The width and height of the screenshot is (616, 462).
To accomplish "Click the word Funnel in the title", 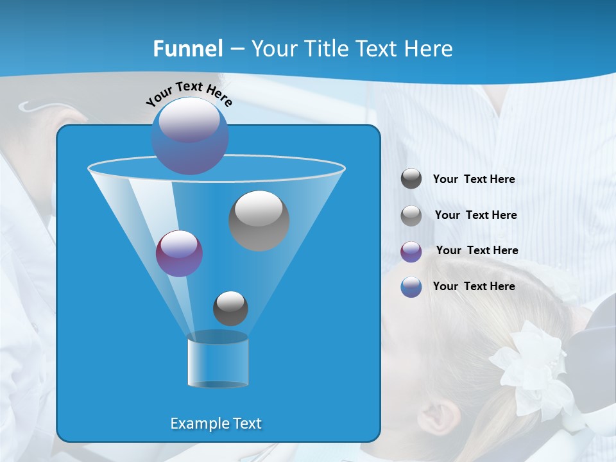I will pyautogui.click(x=187, y=49).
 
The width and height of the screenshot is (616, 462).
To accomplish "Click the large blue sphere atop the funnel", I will pyautogui.click(x=190, y=135).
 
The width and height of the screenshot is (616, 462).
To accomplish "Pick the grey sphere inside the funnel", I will pyautogui.click(x=259, y=220).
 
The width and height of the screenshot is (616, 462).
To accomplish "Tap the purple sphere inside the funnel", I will pyautogui.click(x=179, y=253).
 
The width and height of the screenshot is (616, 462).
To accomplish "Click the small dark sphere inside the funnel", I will pyautogui.click(x=230, y=308).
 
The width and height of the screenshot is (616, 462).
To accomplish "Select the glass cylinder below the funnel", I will pyautogui.click(x=218, y=359).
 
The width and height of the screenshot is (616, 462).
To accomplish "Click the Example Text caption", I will pyautogui.click(x=216, y=424).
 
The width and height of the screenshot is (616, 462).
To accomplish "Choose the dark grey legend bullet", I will pyautogui.click(x=411, y=179).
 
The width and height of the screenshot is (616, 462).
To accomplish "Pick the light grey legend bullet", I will pyautogui.click(x=411, y=215).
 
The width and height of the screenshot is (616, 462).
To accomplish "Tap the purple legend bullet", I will pyautogui.click(x=411, y=251).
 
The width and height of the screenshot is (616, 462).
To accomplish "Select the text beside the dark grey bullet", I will pyautogui.click(x=474, y=179).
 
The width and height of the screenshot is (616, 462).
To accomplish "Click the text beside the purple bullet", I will pyautogui.click(x=477, y=250).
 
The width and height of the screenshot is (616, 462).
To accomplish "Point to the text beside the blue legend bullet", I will pyautogui.click(x=474, y=286).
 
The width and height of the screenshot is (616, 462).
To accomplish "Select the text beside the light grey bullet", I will pyautogui.click(x=475, y=215).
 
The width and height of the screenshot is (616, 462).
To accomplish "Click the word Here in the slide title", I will pyautogui.click(x=429, y=49).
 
